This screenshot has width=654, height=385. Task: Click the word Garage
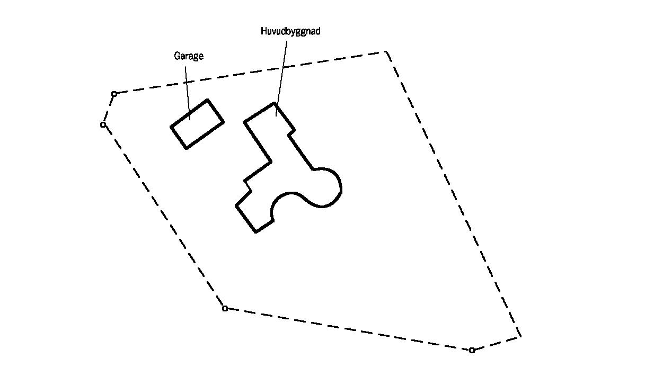[189, 56]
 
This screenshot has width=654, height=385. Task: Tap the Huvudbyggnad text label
[290, 31]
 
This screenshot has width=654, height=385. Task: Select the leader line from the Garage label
[188, 93]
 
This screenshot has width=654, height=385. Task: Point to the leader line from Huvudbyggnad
[281, 78]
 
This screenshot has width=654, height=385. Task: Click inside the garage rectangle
[197, 124]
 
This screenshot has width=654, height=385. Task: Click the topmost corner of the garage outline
[208, 100]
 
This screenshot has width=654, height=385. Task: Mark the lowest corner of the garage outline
[186, 148]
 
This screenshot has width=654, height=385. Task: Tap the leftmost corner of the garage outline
[171, 127]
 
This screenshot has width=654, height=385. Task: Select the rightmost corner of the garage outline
[224, 122]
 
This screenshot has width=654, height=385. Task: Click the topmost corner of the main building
[275, 103]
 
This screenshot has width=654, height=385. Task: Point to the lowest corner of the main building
[256, 232]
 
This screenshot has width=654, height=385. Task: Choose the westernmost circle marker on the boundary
[103, 125]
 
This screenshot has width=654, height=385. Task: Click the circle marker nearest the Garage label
[114, 94]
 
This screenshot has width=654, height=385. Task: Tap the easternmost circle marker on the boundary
[472, 350]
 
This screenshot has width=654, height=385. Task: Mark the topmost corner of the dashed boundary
[386, 51]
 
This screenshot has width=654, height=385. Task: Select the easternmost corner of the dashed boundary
[521, 337]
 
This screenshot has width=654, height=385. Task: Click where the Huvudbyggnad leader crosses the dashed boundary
[283, 68]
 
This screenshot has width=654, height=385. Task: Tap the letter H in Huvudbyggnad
[263, 31]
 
